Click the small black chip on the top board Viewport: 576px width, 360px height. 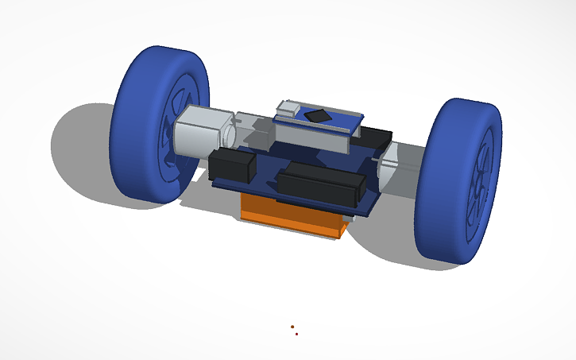319,115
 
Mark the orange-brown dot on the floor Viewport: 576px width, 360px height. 292,326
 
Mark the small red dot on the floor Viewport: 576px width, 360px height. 296,334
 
